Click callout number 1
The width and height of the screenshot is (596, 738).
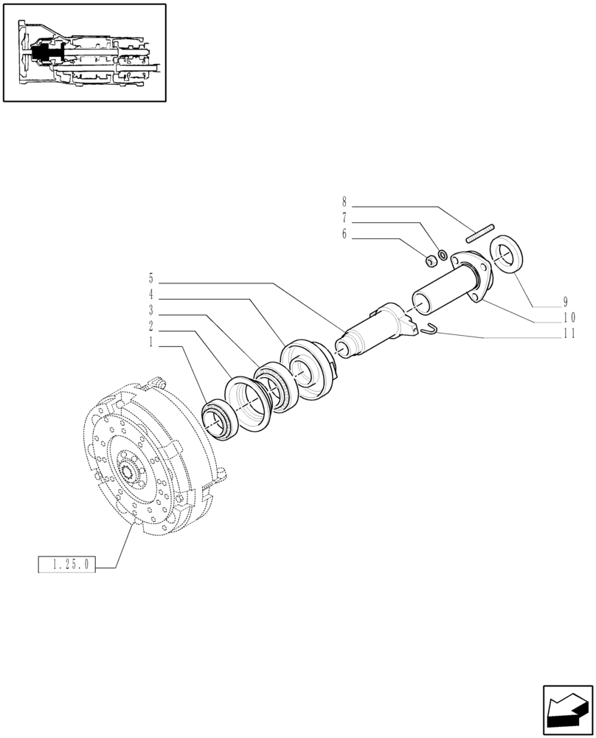(x=151, y=342)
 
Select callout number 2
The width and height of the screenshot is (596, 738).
(x=151, y=325)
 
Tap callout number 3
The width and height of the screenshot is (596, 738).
(x=151, y=310)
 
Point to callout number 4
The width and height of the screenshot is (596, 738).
(x=151, y=294)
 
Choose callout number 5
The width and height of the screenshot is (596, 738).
(x=151, y=278)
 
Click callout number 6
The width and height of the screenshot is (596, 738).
(x=344, y=235)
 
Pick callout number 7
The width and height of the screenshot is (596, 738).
(x=344, y=218)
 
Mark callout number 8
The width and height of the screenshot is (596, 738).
(x=344, y=201)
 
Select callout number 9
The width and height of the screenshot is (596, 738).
(x=565, y=302)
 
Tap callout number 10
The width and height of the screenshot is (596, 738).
(x=568, y=317)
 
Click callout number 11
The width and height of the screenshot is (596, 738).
(x=568, y=334)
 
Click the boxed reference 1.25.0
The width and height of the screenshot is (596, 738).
(x=66, y=566)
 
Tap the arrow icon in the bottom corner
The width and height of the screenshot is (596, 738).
(x=567, y=711)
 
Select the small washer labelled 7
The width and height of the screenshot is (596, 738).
(x=441, y=255)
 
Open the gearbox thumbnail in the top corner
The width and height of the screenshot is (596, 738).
(x=84, y=52)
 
